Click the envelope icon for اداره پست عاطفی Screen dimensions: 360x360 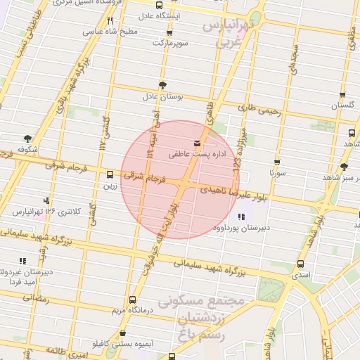coord(176,143)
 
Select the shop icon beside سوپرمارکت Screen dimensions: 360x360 coord(169,33)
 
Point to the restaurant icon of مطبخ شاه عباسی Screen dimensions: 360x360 coord(110,20)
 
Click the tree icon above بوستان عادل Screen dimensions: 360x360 coord(163,85)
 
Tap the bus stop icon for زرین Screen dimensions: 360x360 coord(109,175)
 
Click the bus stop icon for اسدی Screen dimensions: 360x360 coord(301,264)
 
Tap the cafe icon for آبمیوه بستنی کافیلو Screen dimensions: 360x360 coord(123,333)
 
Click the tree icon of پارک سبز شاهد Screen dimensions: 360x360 coord(344,167)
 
